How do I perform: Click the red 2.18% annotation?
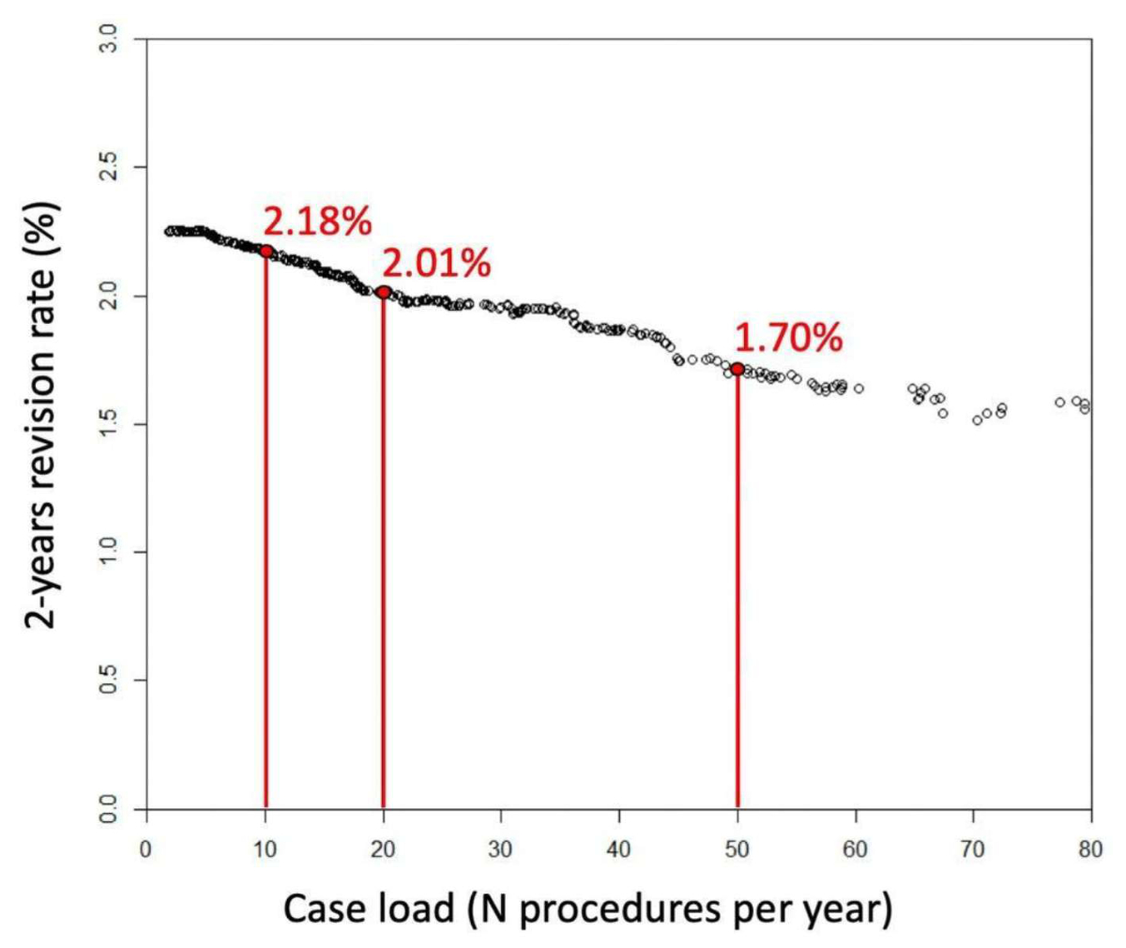(317, 222)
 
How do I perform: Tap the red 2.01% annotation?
(436, 264)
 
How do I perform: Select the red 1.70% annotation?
(788, 338)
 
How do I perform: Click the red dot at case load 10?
(266, 251)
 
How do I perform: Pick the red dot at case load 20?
(383, 292)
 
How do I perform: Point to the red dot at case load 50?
(738, 369)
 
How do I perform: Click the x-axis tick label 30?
(501, 849)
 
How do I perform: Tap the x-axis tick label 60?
(855, 849)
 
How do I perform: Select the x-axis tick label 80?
(1090, 849)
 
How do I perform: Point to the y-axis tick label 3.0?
(110, 39)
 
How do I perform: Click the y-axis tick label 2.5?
(110, 168)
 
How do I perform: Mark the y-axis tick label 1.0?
(110, 552)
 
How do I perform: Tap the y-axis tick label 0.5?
(110, 680)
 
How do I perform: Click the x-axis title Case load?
(587, 909)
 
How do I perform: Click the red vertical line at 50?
(738, 591)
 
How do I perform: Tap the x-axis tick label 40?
(619, 849)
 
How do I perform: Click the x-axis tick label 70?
(973, 849)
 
